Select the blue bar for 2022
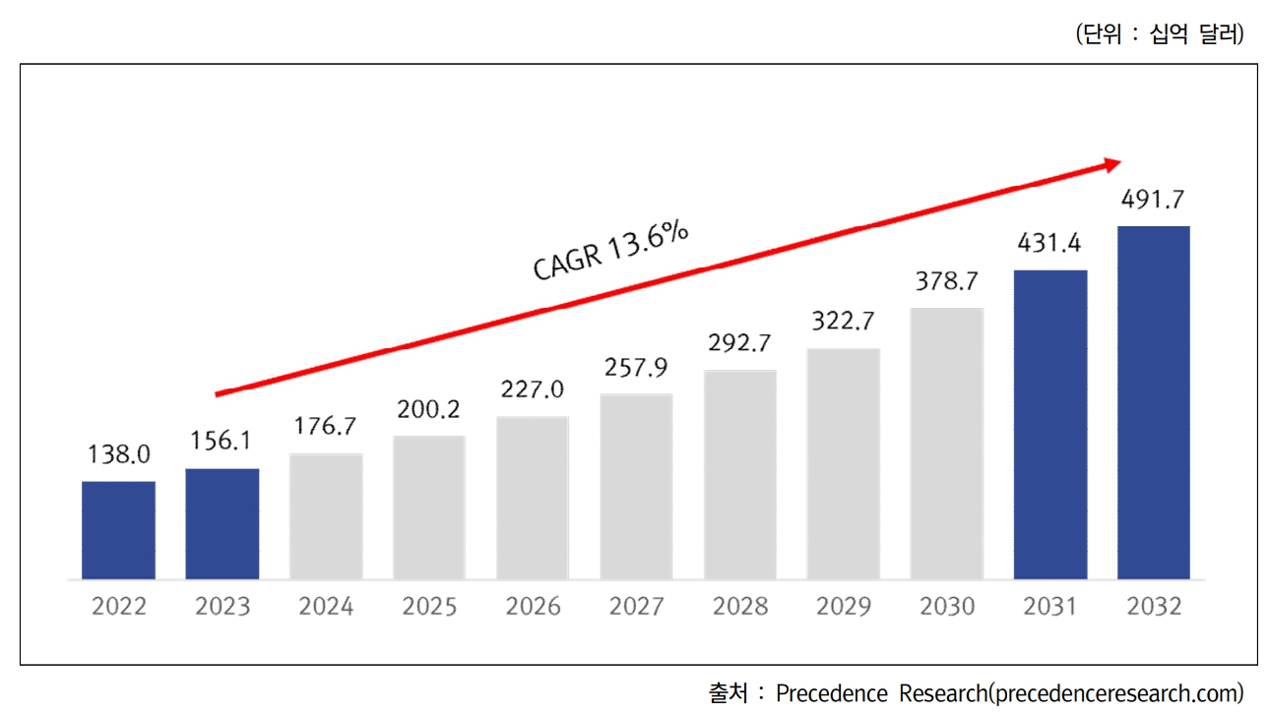[118, 530]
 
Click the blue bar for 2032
[1153, 402]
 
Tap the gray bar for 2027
[636, 486]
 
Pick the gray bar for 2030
[946, 443]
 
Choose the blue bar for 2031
[1050, 424]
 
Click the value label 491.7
[1153, 202]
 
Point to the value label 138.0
[118, 454]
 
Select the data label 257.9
[636, 368]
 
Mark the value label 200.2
[428, 409]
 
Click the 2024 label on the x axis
[326, 607]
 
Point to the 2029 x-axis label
[843, 607]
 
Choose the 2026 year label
[533, 607]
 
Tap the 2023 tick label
[222, 607]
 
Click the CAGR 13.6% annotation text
[610, 252]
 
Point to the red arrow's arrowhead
[1111, 163]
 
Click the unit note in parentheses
[1160, 34]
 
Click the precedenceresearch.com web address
[1116, 692]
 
